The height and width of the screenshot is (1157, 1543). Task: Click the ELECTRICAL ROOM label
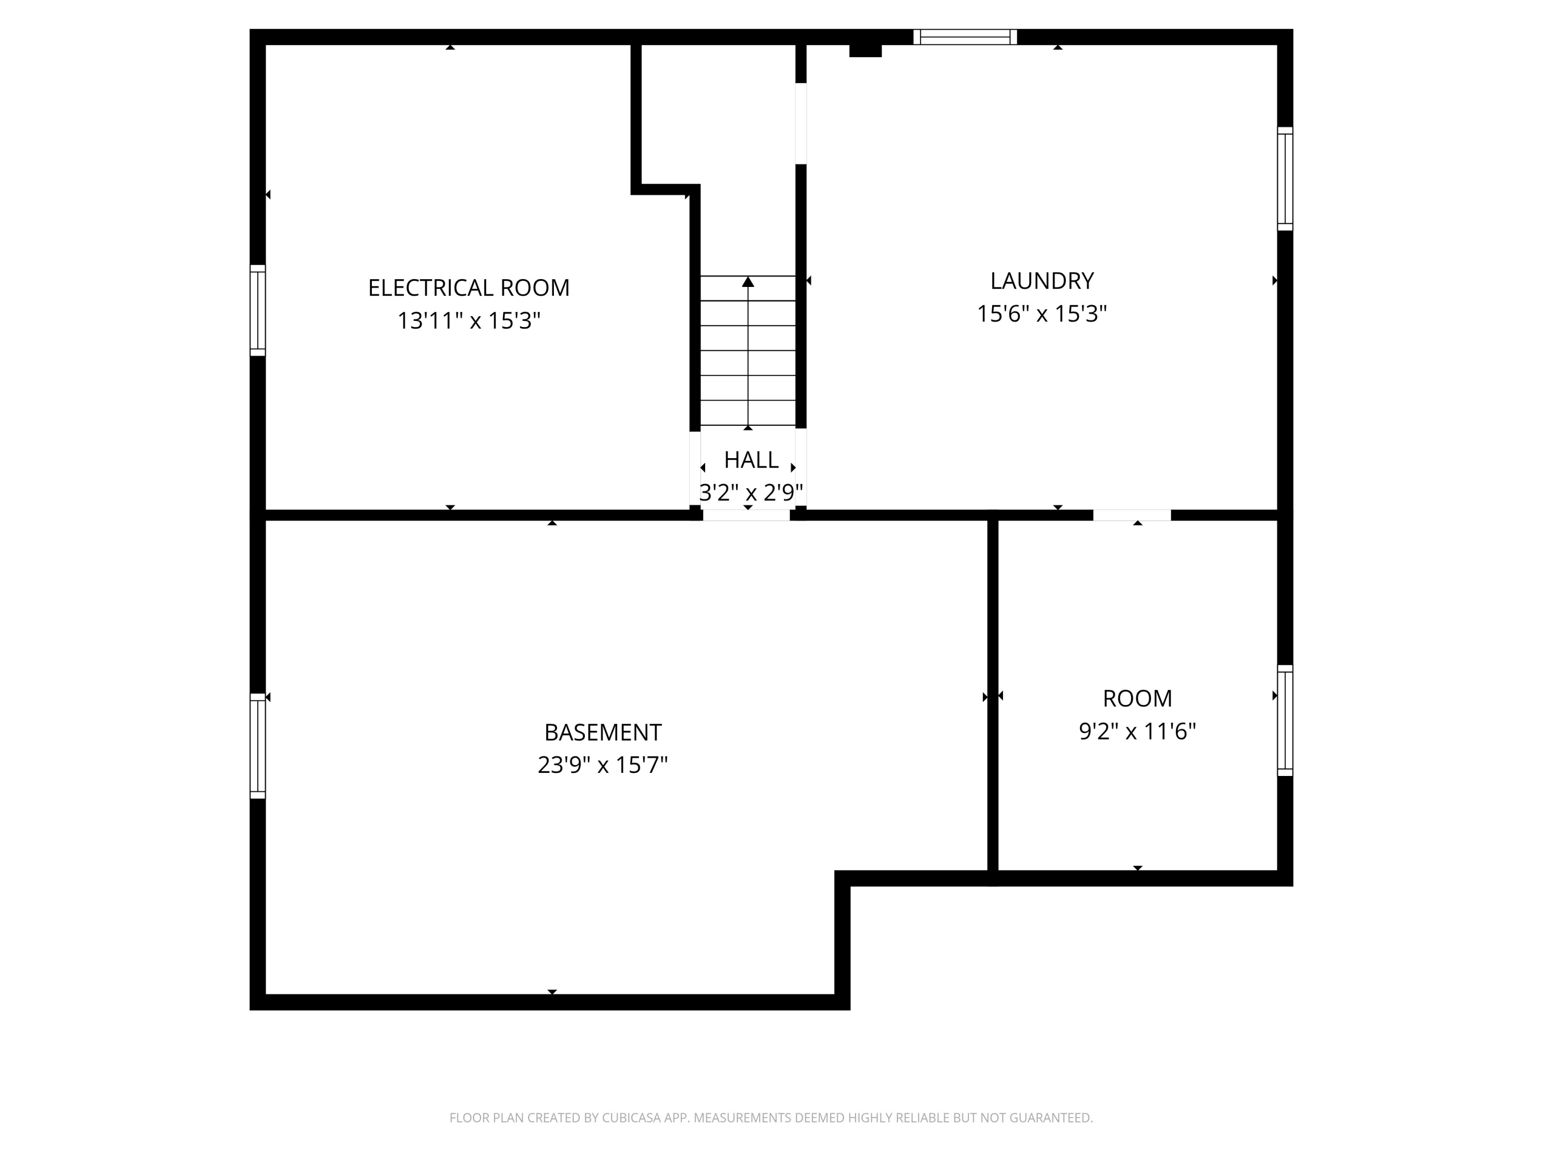point(469,287)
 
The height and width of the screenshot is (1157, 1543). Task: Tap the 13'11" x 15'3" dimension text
point(469,321)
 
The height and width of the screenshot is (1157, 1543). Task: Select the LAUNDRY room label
point(1042,280)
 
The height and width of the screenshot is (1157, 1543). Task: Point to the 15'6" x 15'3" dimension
point(1042,314)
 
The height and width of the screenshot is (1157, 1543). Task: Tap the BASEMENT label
point(603,732)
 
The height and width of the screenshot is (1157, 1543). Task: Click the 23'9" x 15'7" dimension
point(603,765)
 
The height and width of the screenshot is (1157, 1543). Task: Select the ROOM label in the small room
point(1137,698)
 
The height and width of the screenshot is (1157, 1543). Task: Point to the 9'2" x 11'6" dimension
point(1137,731)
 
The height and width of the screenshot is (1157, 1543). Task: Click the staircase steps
point(748,363)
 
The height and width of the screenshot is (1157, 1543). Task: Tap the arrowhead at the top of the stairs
point(748,282)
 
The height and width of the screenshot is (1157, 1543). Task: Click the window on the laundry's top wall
point(965,37)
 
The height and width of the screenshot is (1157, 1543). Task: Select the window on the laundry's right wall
point(1285,178)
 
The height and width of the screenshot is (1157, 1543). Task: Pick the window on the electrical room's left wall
point(257,311)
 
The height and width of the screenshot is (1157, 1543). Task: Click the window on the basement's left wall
point(257,746)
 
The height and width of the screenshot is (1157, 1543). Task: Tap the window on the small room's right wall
point(1285,720)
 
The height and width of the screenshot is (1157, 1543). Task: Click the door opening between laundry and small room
point(1132,515)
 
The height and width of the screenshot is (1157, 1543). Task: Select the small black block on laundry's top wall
point(865,50)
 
